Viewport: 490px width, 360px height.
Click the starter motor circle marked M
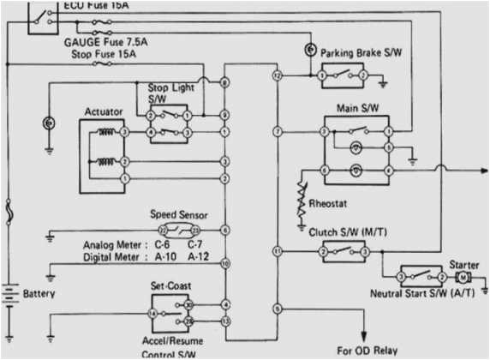click(463, 279)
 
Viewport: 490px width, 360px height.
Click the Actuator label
click(104, 111)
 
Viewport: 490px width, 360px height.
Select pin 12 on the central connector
click(277, 76)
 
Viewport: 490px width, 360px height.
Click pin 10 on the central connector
click(224, 264)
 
